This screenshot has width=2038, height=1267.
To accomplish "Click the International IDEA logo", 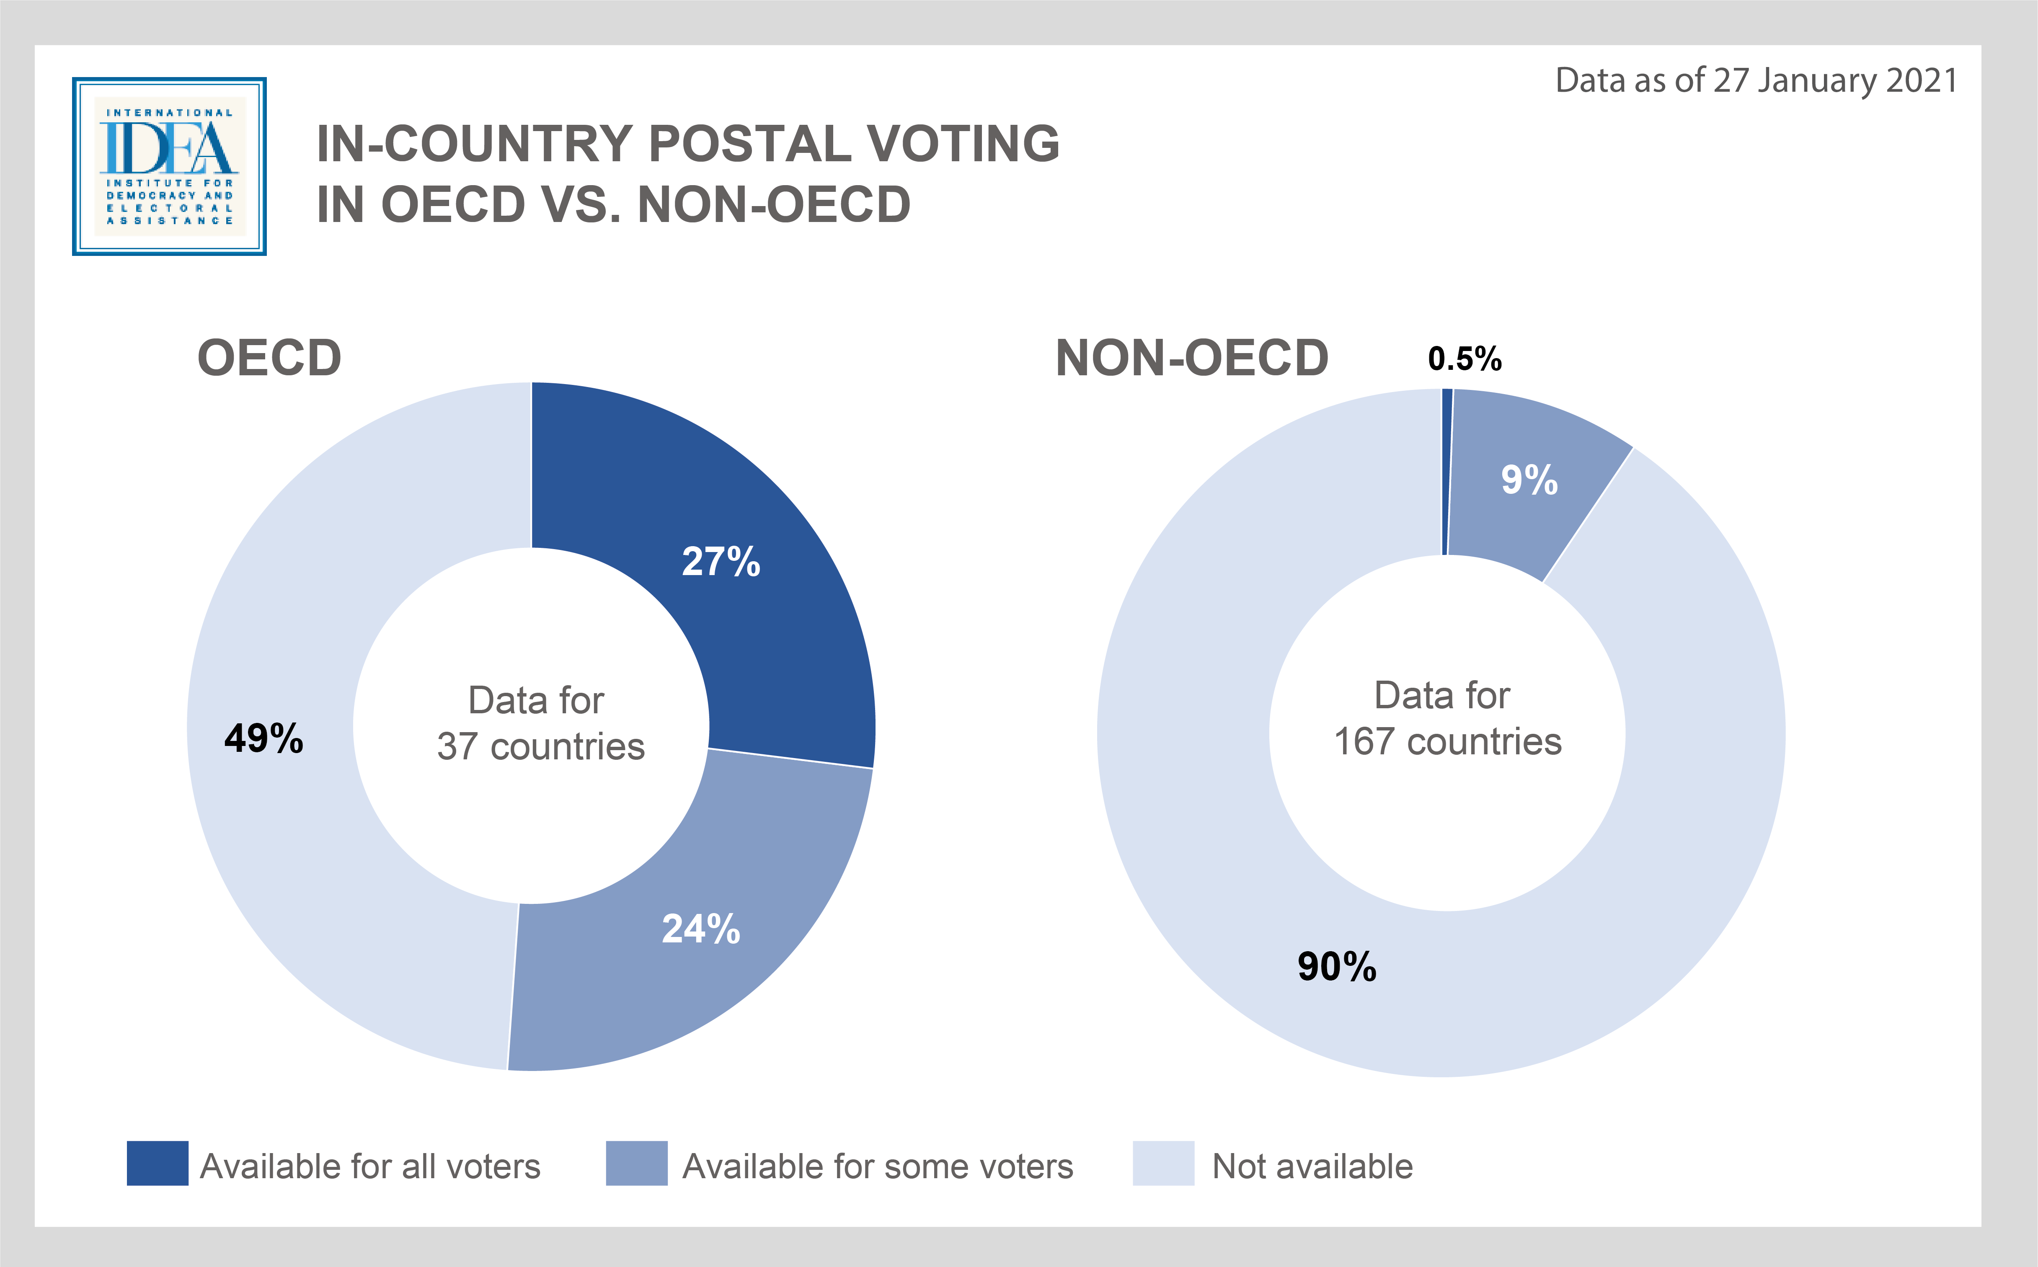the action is click(169, 166).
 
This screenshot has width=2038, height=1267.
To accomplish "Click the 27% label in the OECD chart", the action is click(721, 561).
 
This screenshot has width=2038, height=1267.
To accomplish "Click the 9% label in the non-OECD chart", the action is click(1529, 480).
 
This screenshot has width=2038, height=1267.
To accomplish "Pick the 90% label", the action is click(1337, 966).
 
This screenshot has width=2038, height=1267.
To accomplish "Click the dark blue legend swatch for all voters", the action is click(158, 1163).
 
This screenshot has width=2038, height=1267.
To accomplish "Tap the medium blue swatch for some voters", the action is click(637, 1163).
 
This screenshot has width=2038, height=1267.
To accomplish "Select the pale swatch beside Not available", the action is click(1163, 1163).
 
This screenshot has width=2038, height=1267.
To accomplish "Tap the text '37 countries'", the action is click(540, 746).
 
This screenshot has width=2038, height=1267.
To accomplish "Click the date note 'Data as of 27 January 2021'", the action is click(1756, 80).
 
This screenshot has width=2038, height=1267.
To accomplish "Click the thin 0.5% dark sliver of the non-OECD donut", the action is click(1446, 472).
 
